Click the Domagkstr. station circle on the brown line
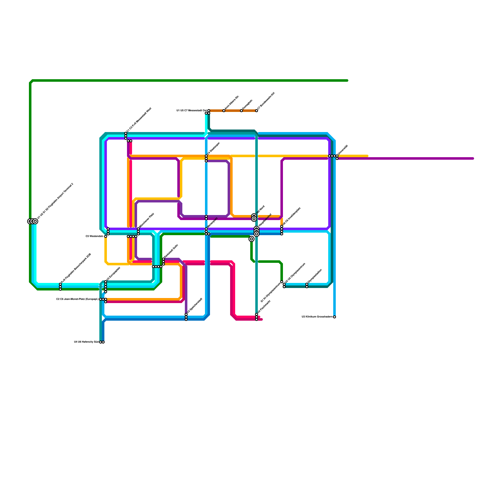(x=241, y=111)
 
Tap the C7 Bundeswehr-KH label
(x=266, y=101)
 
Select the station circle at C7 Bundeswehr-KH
(x=257, y=111)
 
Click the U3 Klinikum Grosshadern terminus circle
(x=334, y=317)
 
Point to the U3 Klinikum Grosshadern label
(x=317, y=317)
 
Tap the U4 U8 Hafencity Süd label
(x=86, y=342)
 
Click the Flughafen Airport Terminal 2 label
(x=55, y=201)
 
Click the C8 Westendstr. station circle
(x=106, y=236)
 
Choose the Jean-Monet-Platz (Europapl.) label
(x=77, y=299)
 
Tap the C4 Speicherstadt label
(x=195, y=305)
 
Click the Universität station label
(x=343, y=150)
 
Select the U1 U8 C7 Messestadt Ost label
(x=191, y=111)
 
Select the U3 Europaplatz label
(x=113, y=274)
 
